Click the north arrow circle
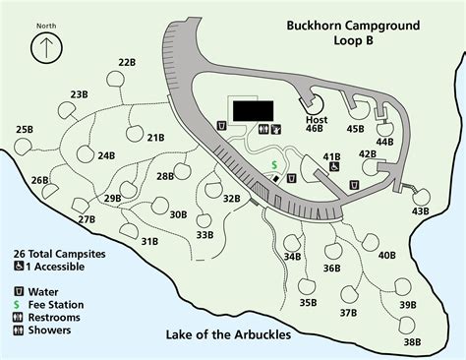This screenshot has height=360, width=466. (x=43, y=48)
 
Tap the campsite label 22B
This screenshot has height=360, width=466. (x=127, y=62)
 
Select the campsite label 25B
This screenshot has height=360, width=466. (x=26, y=129)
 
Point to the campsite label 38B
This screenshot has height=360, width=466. (x=412, y=341)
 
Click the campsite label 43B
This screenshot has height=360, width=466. (x=421, y=210)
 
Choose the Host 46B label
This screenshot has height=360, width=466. (x=316, y=124)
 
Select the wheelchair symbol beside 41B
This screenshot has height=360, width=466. (x=335, y=166)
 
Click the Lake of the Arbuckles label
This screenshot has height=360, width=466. (x=227, y=333)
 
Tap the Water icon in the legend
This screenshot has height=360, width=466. (x=19, y=291)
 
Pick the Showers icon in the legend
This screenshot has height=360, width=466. (x=19, y=330)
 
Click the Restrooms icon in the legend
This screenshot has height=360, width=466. (x=19, y=317)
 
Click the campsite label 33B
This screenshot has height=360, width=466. (x=204, y=234)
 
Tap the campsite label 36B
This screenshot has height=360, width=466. (x=331, y=268)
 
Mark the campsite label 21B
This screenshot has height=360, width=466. (x=155, y=138)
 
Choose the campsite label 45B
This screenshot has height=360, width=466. (x=355, y=128)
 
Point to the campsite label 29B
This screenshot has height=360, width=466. (x=112, y=198)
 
